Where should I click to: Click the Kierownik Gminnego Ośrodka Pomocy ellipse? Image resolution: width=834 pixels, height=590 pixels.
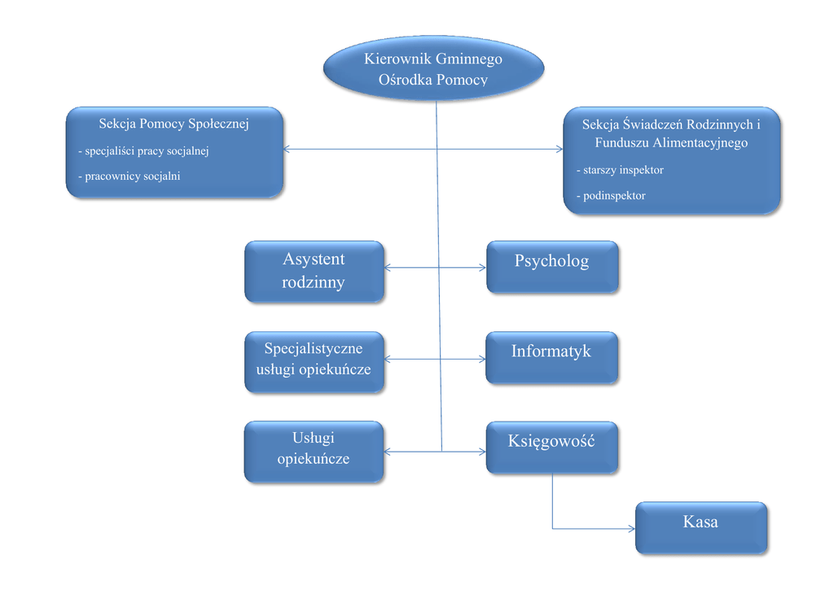(433, 69)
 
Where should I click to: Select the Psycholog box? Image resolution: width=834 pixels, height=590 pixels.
(552, 266)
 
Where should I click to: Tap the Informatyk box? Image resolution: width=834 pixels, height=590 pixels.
(552, 357)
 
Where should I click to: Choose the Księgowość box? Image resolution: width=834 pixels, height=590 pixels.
(552, 447)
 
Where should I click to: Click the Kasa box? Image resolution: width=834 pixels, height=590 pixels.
(700, 527)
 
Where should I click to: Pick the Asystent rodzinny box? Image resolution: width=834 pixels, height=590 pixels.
(314, 271)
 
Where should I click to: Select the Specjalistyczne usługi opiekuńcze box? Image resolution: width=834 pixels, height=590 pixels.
(314, 362)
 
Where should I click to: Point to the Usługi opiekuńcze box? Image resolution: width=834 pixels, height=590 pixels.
(314, 451)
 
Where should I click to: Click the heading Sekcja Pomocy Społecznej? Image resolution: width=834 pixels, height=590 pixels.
(173, 125)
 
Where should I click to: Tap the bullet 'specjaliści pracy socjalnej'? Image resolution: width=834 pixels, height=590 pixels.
(144, 151)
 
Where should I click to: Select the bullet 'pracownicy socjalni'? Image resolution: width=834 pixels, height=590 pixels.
(129, 176)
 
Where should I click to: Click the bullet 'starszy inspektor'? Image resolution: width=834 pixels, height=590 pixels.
(620, 170)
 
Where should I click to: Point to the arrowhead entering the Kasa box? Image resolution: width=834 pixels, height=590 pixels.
(631, 528)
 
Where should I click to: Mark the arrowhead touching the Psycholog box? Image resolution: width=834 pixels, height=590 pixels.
(482, 267)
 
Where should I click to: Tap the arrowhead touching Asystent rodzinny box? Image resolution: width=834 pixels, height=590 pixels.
(388, 267)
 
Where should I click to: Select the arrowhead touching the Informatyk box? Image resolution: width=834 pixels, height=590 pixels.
(481, 358)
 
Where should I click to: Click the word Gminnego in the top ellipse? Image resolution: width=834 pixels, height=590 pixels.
(468, 59)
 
